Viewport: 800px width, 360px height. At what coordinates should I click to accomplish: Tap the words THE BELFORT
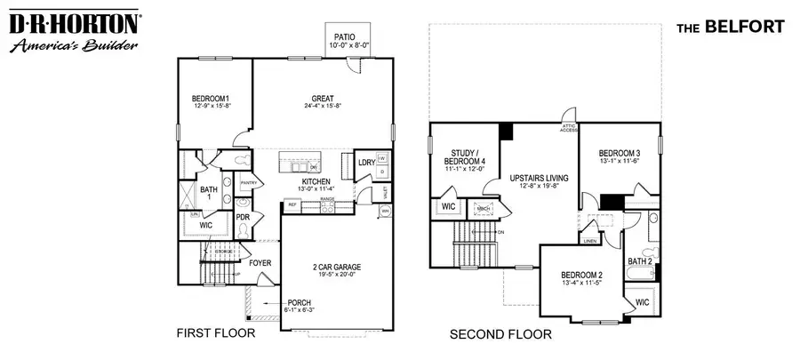click(x=731, y=27)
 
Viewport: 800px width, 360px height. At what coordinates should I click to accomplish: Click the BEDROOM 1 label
click(x=211, y=99)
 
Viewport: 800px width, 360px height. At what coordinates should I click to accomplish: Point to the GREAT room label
click(x=322, y=99)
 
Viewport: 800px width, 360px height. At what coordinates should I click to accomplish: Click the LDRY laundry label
click(x=365, y=163)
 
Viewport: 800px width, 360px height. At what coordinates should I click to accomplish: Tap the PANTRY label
click(x=249, y=183)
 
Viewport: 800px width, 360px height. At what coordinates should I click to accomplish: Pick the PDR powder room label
click(x=243, y=218)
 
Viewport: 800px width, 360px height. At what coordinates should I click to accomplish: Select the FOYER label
click(x=260, y=263)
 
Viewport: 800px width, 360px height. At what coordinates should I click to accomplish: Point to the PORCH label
click(x=299, y=303)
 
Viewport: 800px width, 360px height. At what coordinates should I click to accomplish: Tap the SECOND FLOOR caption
click(x=500, y=334)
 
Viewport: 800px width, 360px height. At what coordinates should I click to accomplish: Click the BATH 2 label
click(x=640, y=261)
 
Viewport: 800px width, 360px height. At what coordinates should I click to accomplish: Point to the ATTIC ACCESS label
click(x=569, y=129)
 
